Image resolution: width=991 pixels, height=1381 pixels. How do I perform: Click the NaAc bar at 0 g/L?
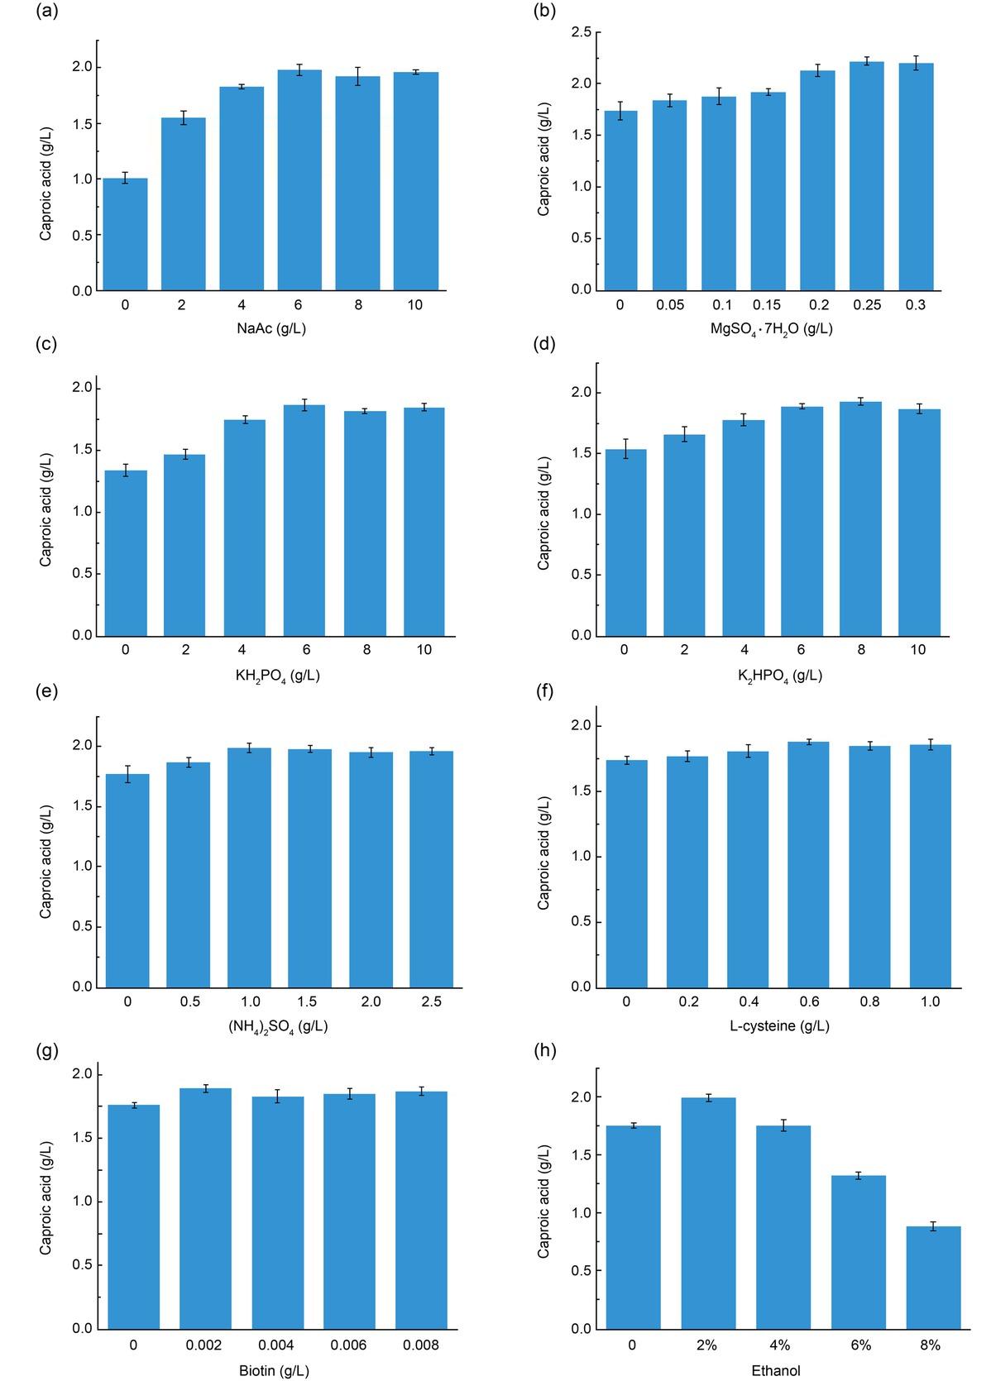pyautogui.click(x=125, y=234)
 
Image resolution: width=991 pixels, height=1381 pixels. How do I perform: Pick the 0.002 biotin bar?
pyautogui.click(x=205, y=1208)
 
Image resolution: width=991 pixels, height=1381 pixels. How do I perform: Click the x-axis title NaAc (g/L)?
pyautogui.click(x=270, y=328)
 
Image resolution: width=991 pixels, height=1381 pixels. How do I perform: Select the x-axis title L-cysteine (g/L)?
pyautogui.click(x=778, y=1025)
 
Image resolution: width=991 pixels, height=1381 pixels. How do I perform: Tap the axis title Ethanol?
pyautogui.click(x=775, y=1370)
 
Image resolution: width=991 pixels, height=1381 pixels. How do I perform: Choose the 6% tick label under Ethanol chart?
pyautogui.click(x=860, y=1345)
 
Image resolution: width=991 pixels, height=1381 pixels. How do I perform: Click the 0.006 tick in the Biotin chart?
pyautogui.click(x=348, y=1345)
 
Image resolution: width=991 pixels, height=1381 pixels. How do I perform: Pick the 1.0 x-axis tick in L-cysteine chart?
pyautogui.click(x=930, y=1001)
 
